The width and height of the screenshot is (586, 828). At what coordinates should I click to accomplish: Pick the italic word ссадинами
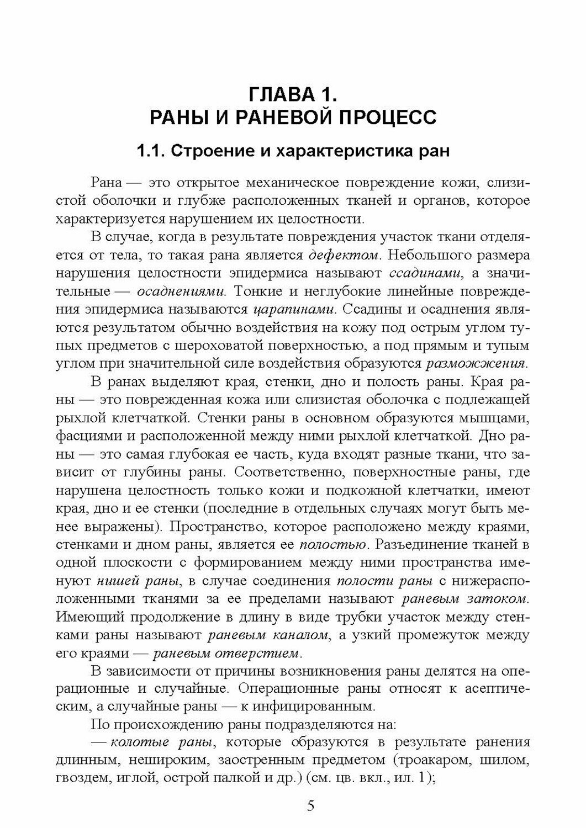417,273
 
